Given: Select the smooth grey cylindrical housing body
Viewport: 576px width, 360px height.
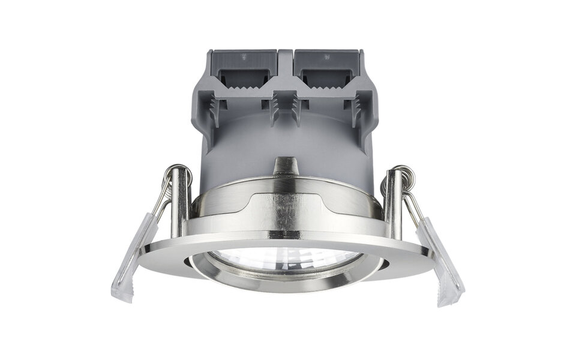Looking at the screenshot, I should point(286,141).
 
